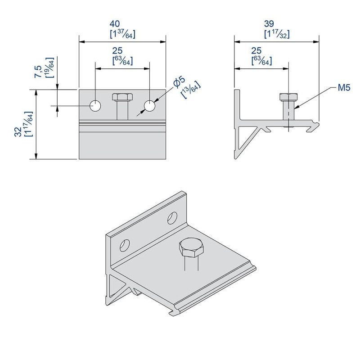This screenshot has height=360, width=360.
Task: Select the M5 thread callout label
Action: tap(344, 88)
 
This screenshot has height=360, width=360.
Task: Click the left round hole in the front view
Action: tap(95, 106)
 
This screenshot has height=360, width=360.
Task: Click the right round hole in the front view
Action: tap(149, 106)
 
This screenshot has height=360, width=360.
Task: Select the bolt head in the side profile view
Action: tap(288, 97)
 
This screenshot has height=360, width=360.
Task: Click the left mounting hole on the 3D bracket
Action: tap(124, 245)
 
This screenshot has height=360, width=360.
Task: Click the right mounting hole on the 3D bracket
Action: tap(172, 218)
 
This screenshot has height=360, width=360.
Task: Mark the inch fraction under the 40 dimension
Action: tap(122, 34)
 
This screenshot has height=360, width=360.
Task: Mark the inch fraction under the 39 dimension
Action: tap(276, 34)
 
